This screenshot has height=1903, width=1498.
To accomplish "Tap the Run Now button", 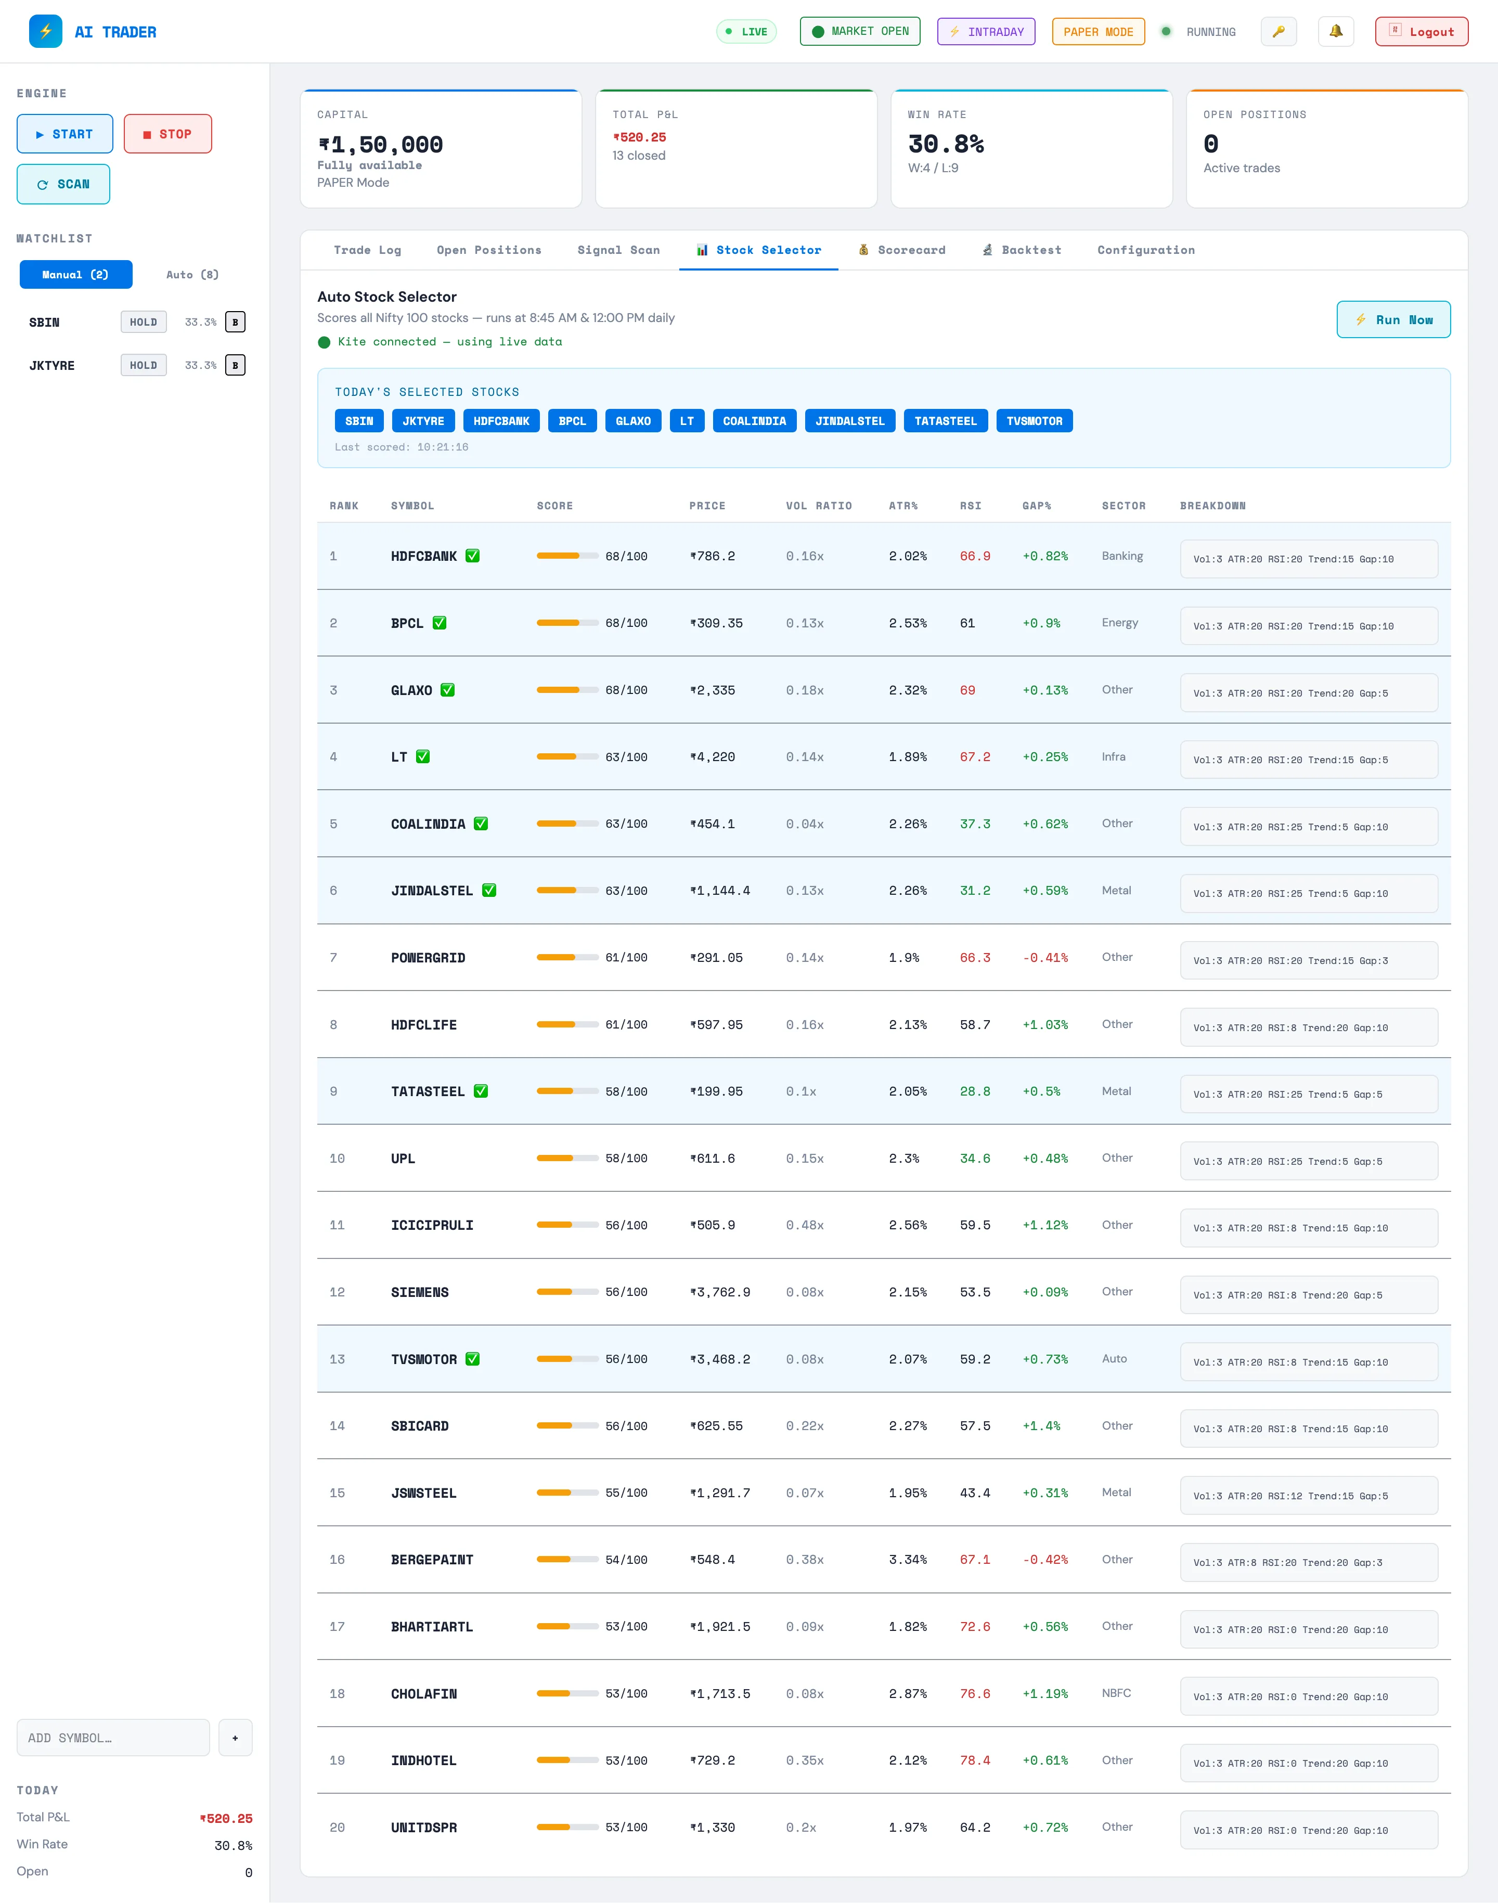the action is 1393,320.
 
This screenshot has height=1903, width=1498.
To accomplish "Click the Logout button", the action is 1421,32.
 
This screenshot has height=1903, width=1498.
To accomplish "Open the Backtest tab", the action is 1022,250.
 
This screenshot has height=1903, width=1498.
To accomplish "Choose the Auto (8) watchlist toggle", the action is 192,275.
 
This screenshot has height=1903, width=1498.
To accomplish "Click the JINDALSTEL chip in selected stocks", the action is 850,421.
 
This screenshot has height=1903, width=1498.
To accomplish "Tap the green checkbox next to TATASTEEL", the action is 481,1091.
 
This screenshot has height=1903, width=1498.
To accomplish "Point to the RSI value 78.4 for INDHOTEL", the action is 974,1760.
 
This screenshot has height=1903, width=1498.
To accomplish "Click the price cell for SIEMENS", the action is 720,1292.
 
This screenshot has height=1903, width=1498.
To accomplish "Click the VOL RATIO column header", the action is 818,506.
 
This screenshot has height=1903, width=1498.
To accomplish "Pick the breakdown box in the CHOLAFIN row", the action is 1309,1696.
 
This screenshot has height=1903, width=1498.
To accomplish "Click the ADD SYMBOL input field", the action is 113,1737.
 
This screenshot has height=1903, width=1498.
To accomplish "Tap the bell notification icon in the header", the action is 1336,32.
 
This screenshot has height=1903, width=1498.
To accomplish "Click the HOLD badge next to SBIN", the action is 144,322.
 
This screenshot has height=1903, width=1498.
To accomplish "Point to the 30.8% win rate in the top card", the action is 946,144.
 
